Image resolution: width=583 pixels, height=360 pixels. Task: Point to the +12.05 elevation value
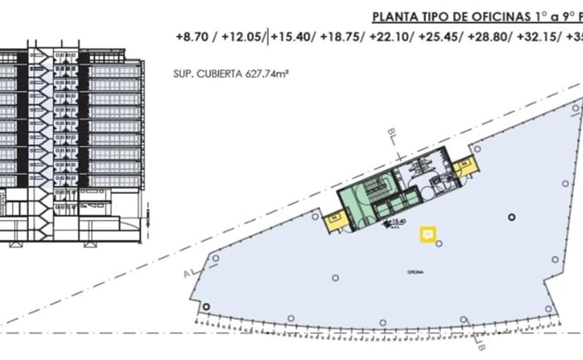coord(242,37)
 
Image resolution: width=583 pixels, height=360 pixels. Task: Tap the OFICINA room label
coord(415,271)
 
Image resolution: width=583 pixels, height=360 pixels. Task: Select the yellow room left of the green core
coord(331,219)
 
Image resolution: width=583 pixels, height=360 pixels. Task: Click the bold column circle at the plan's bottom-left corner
coord(206,306)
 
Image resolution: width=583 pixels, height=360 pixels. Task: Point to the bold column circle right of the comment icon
coord(513,218)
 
